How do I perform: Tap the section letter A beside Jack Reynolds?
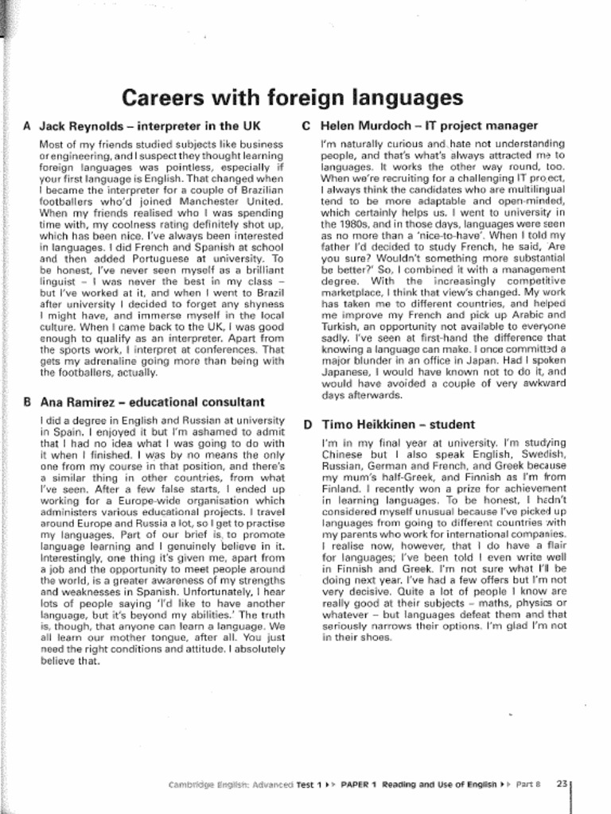pos(28,126)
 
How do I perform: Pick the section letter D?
pos(307,424)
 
